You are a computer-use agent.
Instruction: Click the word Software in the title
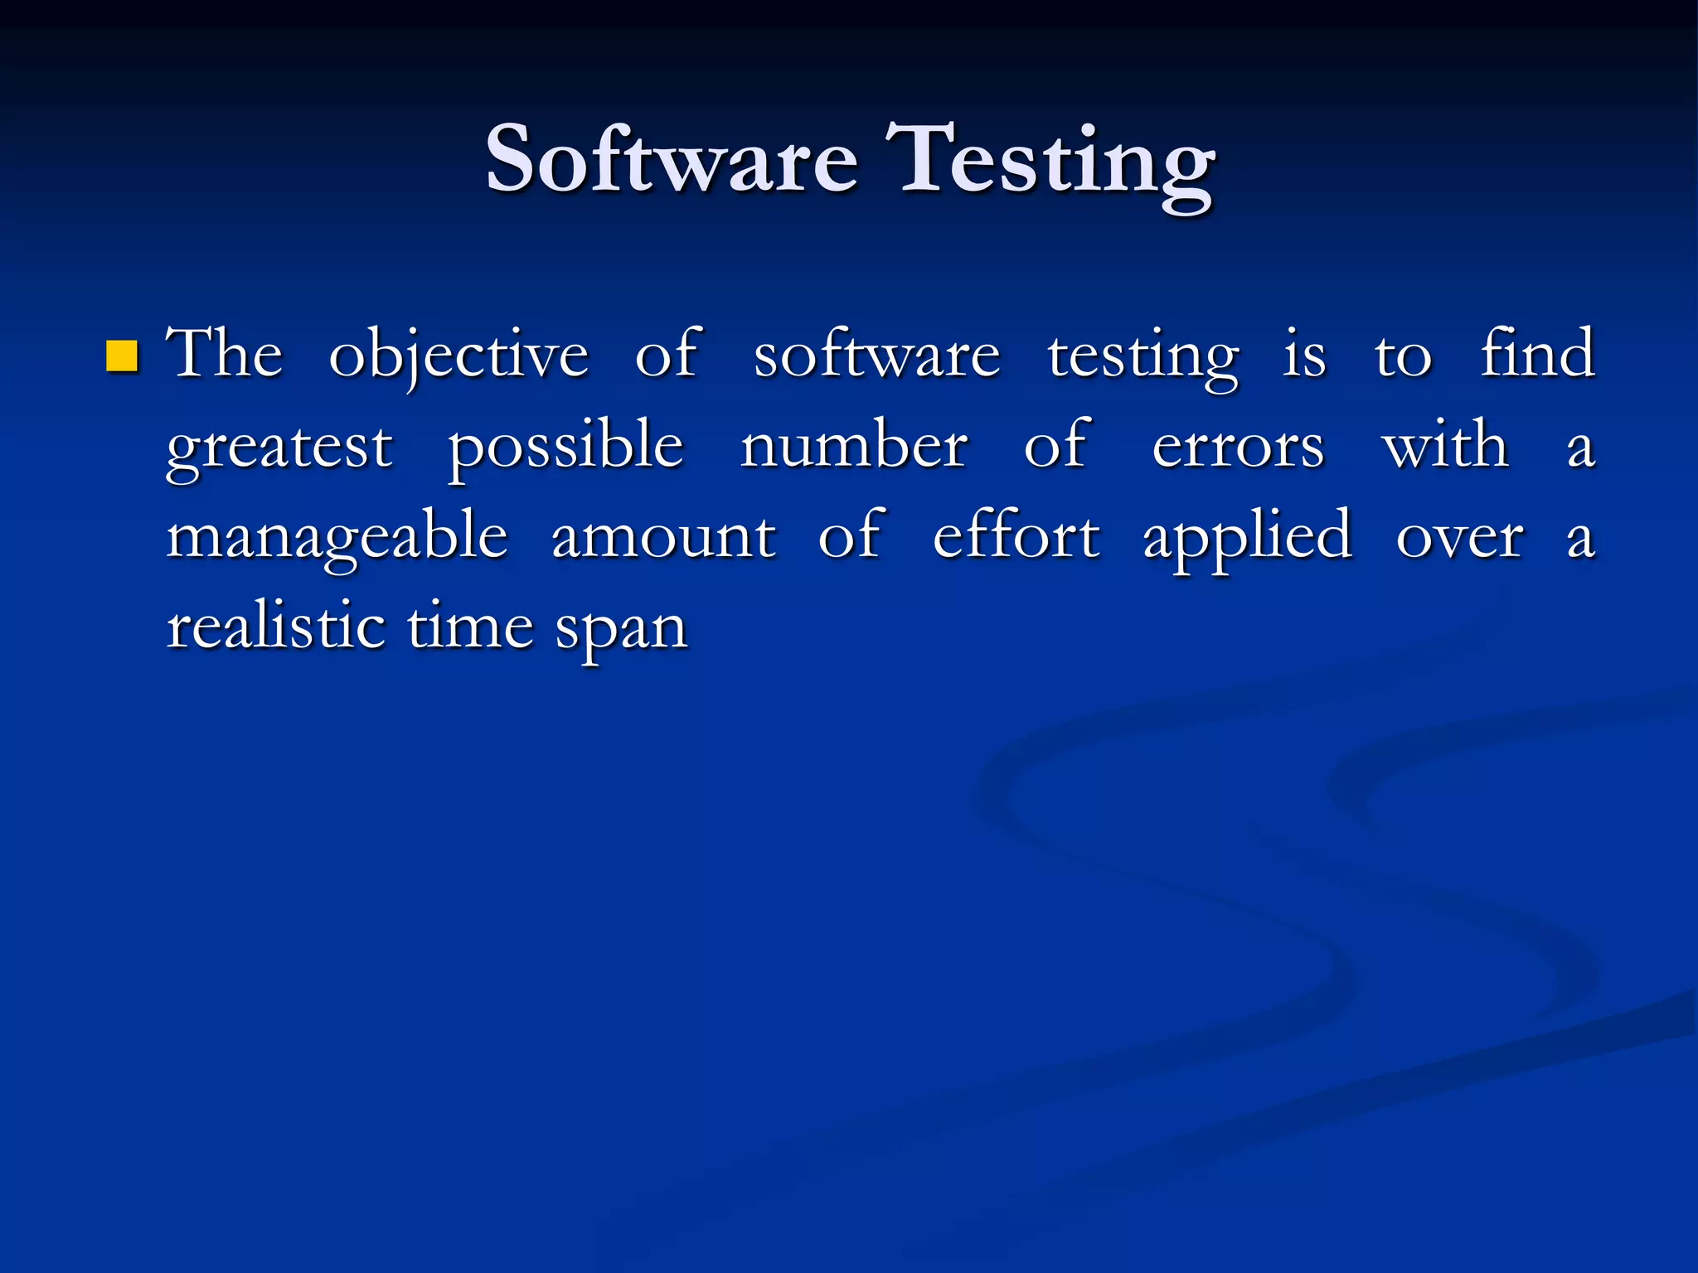pos(672,159)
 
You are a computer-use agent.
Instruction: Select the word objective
pos(458,356)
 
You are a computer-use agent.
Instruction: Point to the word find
pos(1538,353)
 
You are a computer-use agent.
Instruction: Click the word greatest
pos(279,448)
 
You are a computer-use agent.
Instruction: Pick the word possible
pos(565,448)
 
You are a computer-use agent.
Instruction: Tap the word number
pos(854,446)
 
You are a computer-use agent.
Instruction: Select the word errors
pos(1238,448)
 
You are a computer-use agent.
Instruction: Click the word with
pos(1445,446)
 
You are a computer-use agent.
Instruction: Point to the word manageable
pos(337,539)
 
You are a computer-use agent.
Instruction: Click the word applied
pos(1248,539)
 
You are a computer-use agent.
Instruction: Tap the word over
pos(1459,539)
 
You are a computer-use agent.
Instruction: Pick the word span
pos(621,630)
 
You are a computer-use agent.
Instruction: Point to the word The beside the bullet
pos(225,355)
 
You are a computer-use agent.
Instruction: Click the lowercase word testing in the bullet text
pos(1143,358)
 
